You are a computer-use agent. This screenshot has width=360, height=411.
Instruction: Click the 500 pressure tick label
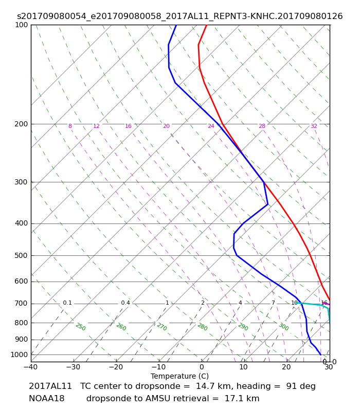tap(21, 255)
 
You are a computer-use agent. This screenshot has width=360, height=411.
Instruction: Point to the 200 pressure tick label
tap(21, 124)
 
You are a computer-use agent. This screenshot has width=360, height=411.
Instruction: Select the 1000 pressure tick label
tap(19, 354)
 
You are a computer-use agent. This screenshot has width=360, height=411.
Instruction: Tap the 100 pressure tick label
tap(21, 25)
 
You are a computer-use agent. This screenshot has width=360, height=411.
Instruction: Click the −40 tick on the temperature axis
tap(30, 367)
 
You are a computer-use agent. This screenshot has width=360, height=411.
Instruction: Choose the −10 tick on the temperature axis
tap(158, 367)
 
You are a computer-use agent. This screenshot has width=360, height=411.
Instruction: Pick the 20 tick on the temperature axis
tap(286, 367)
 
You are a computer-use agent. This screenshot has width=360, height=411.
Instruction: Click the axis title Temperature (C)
tap(179, 376)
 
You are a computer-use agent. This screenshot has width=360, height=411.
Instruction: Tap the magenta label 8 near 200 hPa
tap(70, 126)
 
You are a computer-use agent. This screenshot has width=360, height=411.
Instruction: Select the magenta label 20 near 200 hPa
tap(166, 126)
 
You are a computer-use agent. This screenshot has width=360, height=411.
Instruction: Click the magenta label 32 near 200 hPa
tap(314, 126)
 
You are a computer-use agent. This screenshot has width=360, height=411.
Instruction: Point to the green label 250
tap(81, 327)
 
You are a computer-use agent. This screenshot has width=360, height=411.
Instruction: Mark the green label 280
tap(202, 327)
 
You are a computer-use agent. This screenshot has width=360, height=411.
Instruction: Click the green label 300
tap(284, 327)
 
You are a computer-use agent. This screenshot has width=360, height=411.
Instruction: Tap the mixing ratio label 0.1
tap(67, 303)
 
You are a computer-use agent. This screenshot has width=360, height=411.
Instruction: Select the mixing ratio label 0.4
tap(125, 303)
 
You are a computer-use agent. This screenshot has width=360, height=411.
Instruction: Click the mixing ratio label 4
tap(240, 303)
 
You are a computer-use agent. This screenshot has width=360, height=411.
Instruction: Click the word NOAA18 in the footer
tap(46, 399)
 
